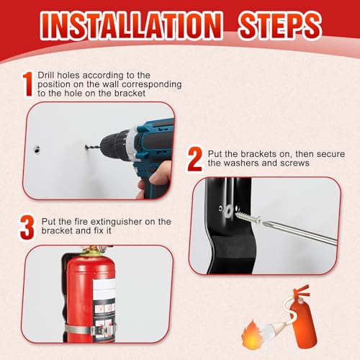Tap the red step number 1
(27, 84)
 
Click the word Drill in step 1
(47, 74)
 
